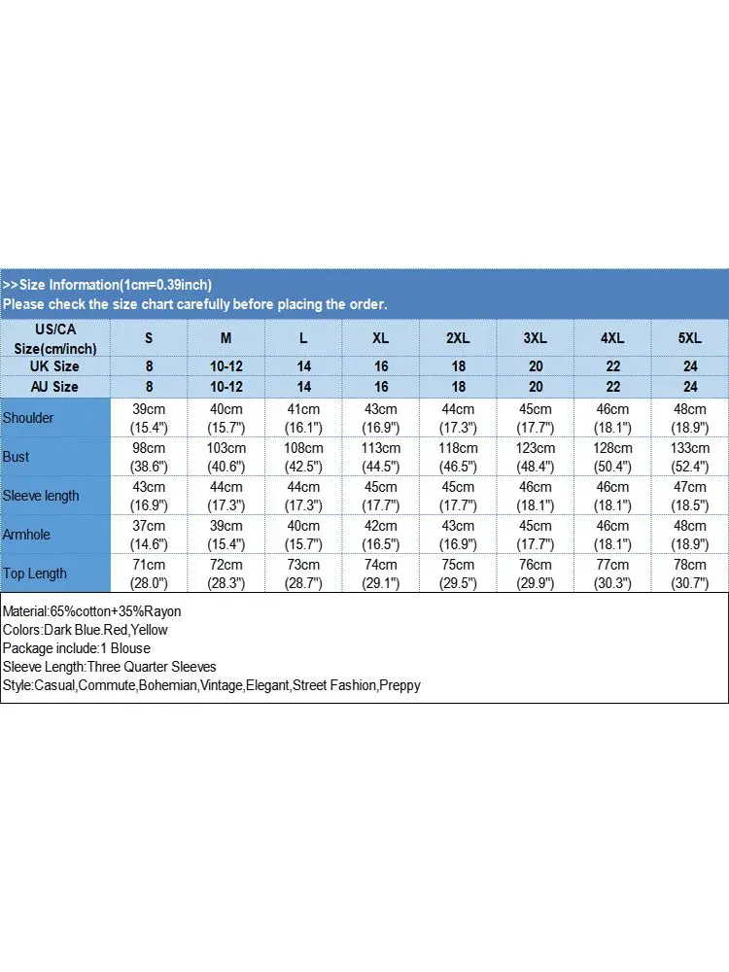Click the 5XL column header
689,338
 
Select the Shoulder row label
28,418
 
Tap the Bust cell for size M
226,457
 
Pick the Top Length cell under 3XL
536,573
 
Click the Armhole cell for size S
149,535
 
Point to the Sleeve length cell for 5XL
689,496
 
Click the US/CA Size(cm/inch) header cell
55,338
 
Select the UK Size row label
55,366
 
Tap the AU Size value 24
689,387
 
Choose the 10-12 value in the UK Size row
226,366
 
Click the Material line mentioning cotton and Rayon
92,611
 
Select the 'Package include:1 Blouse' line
77,648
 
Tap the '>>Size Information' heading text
107,285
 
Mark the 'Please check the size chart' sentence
194,304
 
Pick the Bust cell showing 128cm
612,457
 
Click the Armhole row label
26,535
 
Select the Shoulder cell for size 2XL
458,418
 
